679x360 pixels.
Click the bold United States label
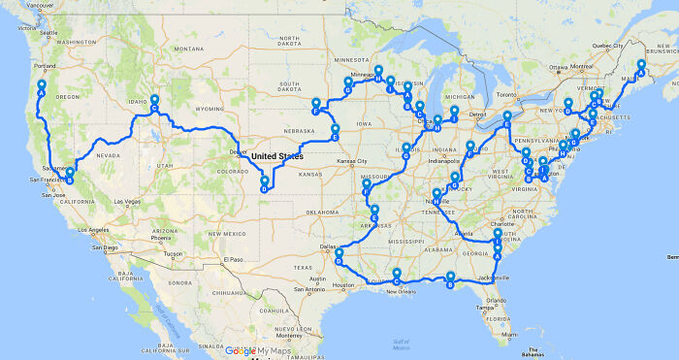276,156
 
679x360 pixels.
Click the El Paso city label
231,260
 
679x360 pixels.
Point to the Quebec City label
611,45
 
